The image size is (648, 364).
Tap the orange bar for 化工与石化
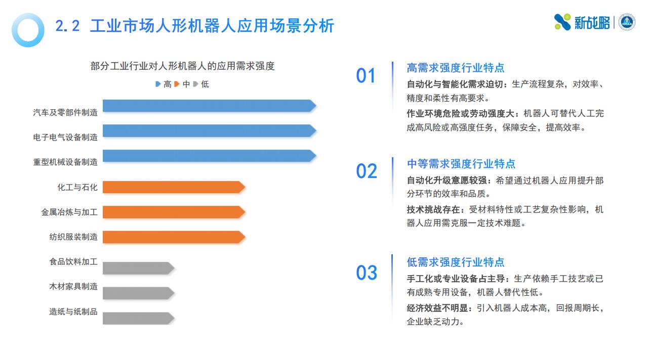pyautogui.click(x=174, y=187)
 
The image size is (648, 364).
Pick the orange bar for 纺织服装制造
pyautogui.click(x=174, y=237)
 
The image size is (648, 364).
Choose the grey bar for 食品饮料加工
pyautogui.click(x=139, y=268)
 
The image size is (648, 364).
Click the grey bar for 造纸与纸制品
pyautogui.click(x=139, y=318)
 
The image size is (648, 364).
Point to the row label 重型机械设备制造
pyautogui.click(x=65, y=162)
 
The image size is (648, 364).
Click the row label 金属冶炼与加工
pyautogui.click(x=69, y=212)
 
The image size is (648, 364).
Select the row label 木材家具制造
pyautogui.click(x=73, y=287)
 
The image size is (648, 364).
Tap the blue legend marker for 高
pyautogui.click(x=158, y=84)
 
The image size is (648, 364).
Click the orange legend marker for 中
pyautogui.click(x=177, y=84)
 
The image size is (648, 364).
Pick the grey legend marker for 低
pyautogui.click(x=195, y=84)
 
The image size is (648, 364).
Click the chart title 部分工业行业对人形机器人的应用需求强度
pyautogui.click(x=183, y=66)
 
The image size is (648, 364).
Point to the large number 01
pyautogui.click(x=366, y=76)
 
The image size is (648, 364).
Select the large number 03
pyautogui.click(x=367, y=272)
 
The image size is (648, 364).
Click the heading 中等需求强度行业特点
pyautogui.click(x=461, y=164)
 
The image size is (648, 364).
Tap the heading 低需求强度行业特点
pyautogui.click(x=456, y=262)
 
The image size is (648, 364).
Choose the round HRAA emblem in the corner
pyautogui.click(x=627, y=22)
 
